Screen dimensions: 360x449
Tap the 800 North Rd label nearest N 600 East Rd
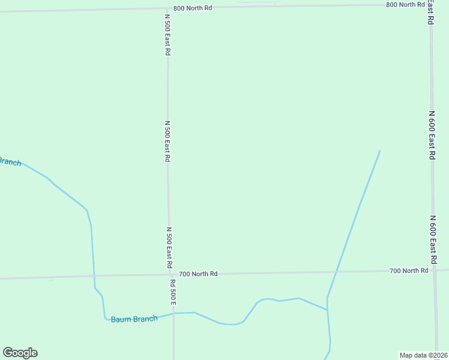tap(405, 5)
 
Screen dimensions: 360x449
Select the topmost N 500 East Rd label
tap(167, 35)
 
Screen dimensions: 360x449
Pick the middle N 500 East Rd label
tap(167, 141)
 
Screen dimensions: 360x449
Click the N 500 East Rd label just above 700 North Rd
tap(169, 247)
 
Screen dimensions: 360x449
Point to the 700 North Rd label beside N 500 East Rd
tap(198, 274)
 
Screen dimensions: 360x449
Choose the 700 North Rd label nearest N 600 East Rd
tap(409, 271)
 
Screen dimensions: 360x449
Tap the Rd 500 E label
tap(172, 292)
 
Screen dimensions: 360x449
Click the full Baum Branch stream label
tap(133, 319)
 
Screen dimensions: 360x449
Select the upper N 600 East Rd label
tap(432, 134)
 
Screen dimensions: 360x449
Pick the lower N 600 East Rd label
tap(433, 240)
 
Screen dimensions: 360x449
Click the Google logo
tap(20, 353)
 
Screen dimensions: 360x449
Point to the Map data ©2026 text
tap(423, 355)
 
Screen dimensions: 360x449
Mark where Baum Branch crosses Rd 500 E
tap(174, 313)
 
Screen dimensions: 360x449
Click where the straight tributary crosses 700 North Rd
tap(335, 272)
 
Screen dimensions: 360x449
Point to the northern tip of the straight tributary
tap(379, 151)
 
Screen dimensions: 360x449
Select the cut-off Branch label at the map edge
tap(10, 161)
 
